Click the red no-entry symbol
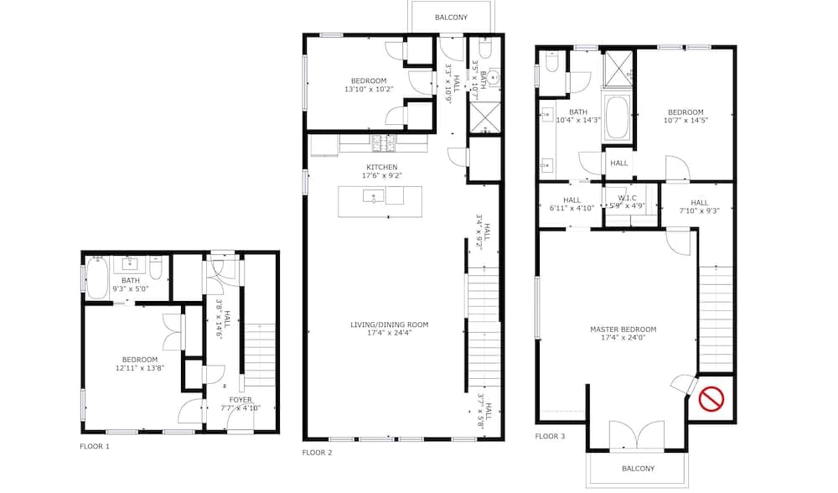click(711, 399)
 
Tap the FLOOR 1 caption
click(95, 446)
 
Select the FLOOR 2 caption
click(318, 453)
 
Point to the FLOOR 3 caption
click(551, 436)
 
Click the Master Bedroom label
click(623, 330)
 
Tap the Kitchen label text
click(381, 167)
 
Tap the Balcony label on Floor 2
click(451, 18)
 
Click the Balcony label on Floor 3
click(638, 469)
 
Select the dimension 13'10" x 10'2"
click(370, 89)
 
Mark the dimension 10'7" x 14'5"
click(685, 121)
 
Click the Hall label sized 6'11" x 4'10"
click(572, 208)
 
